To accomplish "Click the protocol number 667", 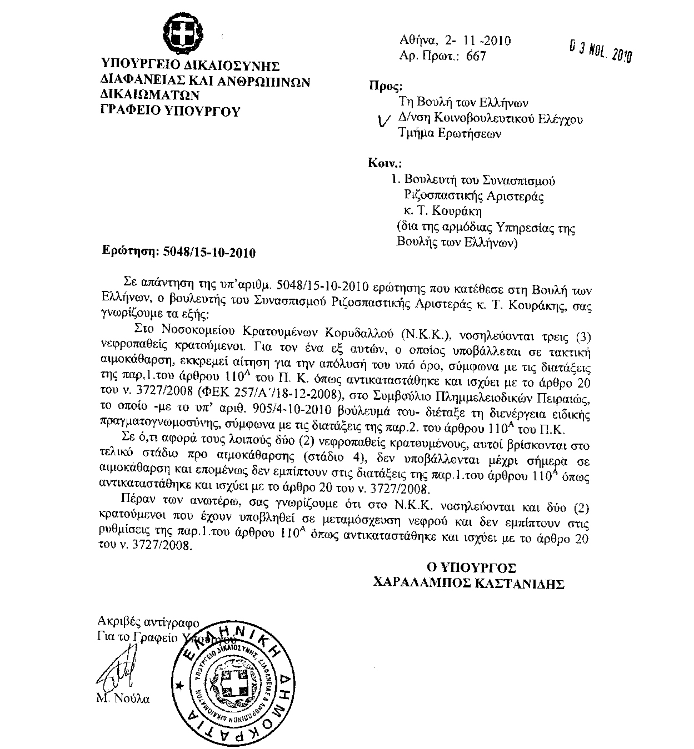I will coord(475,56).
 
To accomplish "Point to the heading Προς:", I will coord(385,86).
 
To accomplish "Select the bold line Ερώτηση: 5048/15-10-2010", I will coord(179,252).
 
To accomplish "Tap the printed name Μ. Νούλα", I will coord(123,698).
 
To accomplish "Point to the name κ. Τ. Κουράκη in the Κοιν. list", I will coord(442,211).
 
